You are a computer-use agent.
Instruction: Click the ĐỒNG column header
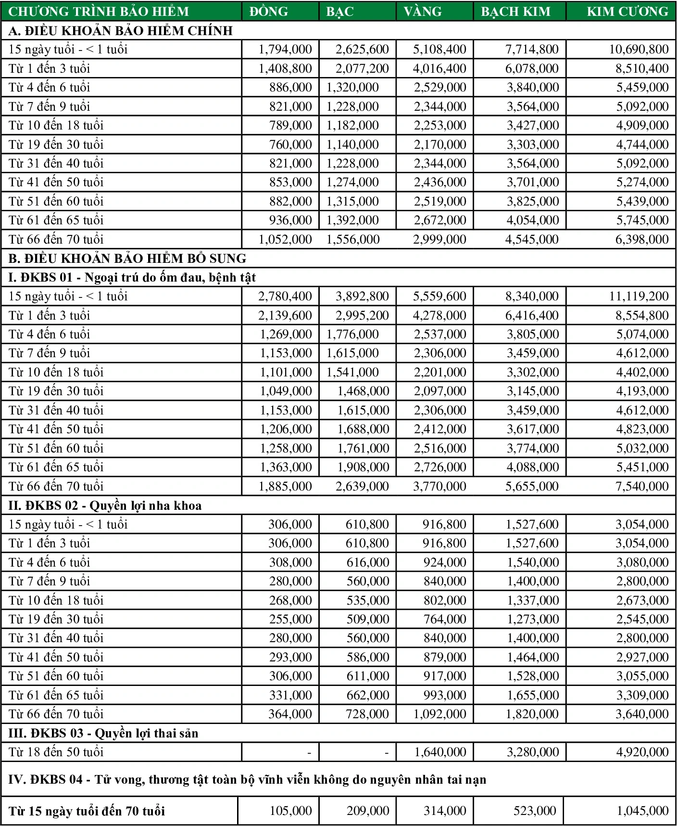pyautogui.click(x=269, y=11)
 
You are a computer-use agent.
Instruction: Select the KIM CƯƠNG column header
pyautogui.click(x=627, y=11)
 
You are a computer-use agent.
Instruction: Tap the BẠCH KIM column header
pyautogui.click(x=515, y=11)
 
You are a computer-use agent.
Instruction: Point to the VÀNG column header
pyautogui.click(x=423, y=11)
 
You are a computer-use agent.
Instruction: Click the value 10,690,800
pyautogui.click(x=639, y=49)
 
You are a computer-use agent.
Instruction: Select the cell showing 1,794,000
pyautogui.click(x=285, y=49)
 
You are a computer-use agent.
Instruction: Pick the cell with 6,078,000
pyautogui.click(x=532, y=68)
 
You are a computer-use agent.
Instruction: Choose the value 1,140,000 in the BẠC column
pyautogui.click(x=352, y=144)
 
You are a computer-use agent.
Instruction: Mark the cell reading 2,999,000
pyautogui.click(x=439, y=239)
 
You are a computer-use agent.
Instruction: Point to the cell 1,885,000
pyautogui.click(x=285, y=486)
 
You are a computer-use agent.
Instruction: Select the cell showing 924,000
pyautogui.click(x=444, y=562)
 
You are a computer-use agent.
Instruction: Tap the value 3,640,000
pyautogui.click(x=642, y=714)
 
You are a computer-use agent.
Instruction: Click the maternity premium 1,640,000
pyautogui.click(x=439, y=752)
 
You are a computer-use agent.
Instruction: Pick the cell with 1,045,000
pyautogui.click(x=642, y=811)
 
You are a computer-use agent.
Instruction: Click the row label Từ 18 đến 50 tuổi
pyautogui.click(x=56, y=752)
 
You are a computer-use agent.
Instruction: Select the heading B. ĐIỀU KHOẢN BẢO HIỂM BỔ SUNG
pyautogui.click(x=127, y=258)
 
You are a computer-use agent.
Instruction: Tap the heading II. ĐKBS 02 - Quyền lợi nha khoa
pyautogui.click(x=105, y=505)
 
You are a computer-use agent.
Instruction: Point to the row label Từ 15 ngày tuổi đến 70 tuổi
pyautogui.click(x=87, y=811)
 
